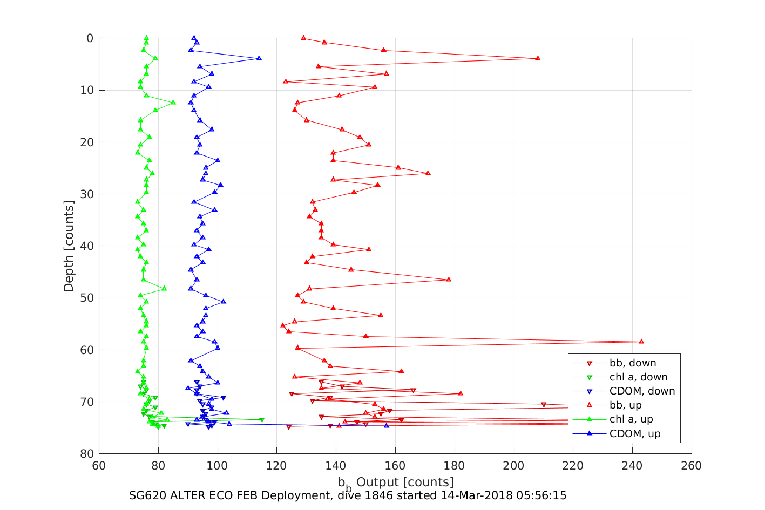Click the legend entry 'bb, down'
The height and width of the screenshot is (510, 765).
click(632, 363)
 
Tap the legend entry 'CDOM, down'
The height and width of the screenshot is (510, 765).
click(642, 391)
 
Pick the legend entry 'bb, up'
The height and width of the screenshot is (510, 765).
click(625, 405)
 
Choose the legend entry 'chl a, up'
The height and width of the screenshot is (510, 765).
click(631, 419)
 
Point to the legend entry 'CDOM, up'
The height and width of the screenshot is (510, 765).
click(635, 433)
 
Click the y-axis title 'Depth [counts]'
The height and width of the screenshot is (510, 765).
click(69, 246)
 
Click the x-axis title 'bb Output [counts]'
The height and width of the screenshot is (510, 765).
click(395, 482)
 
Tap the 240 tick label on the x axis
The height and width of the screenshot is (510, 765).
click(632, 466)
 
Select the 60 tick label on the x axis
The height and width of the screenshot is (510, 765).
click(99, 466)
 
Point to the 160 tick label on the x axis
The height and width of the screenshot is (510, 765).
click(395, 466)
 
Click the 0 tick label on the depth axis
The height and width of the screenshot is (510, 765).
click(90, 38)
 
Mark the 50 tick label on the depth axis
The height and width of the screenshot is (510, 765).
click(86, 298)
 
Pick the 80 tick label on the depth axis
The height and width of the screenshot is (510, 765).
click(86, 454)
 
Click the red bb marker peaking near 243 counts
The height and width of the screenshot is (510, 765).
click(641, 342)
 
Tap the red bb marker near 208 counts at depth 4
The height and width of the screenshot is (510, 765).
click(537, 58)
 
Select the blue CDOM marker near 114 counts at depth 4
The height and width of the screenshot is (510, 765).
click(259, 58)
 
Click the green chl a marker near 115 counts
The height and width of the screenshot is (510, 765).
click(262, 419)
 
